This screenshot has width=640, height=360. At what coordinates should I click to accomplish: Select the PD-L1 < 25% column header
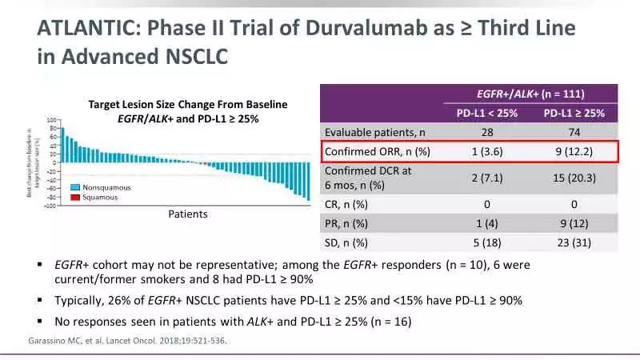click(487, 113)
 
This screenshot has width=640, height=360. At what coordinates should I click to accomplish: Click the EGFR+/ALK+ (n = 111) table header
click(530, 94)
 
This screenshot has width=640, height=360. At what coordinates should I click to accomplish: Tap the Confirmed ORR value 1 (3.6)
click(487, 151)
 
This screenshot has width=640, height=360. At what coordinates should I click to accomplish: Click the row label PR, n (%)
click(346, 223)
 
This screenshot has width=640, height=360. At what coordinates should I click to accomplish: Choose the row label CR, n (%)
click(346, 204)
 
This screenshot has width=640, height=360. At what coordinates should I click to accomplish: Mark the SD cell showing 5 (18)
click(487, 242)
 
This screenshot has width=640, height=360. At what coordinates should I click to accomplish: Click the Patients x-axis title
click(188, 214)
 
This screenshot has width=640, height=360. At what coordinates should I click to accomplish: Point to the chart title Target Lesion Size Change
click(187, 105)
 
